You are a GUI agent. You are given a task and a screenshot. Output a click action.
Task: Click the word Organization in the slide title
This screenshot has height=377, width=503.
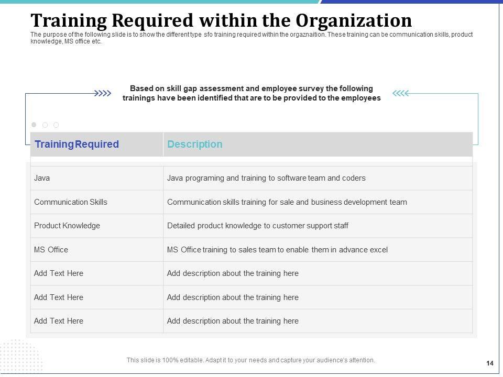click(x=354, y=21)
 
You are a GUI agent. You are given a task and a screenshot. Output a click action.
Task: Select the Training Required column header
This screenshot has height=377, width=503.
click(x=76, y=145)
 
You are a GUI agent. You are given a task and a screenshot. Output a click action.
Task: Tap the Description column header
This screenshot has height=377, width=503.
click(x=194, y=145)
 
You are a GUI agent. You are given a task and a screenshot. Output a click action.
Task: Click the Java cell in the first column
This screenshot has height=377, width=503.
click(x=42, y=178)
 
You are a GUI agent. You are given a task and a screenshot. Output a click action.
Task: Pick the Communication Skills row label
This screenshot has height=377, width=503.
click(x=70, y=202)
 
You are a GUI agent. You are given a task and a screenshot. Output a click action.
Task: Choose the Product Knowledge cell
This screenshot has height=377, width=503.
click(x=67, y=226)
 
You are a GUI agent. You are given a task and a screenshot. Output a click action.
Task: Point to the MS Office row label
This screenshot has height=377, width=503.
click(x=51, y=250)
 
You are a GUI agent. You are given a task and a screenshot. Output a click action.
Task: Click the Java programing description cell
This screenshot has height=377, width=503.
click(x=266, y=178)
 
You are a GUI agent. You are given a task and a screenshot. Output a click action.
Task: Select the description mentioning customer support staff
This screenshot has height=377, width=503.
click(x=257, y=226)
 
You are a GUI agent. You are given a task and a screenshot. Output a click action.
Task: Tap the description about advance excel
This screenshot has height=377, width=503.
click(x=277, y=250)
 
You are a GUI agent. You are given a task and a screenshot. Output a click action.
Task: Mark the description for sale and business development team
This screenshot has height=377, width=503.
click(x=287, y=202)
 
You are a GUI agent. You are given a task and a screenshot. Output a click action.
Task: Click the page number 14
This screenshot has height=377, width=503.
click(x=490, y=363)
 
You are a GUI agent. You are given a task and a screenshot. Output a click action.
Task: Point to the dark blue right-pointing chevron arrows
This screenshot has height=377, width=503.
click(x=103, y=94)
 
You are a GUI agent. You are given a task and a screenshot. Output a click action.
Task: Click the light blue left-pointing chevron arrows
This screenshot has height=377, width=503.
click(x=400, y=94)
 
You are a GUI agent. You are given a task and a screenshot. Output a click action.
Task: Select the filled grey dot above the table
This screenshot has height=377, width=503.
click(x=34, y=125)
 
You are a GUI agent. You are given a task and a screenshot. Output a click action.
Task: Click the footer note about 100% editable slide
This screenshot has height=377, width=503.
click(x=250, y=360)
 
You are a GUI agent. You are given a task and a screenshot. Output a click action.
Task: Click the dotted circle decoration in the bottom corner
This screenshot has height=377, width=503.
click(x=21, y=356)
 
